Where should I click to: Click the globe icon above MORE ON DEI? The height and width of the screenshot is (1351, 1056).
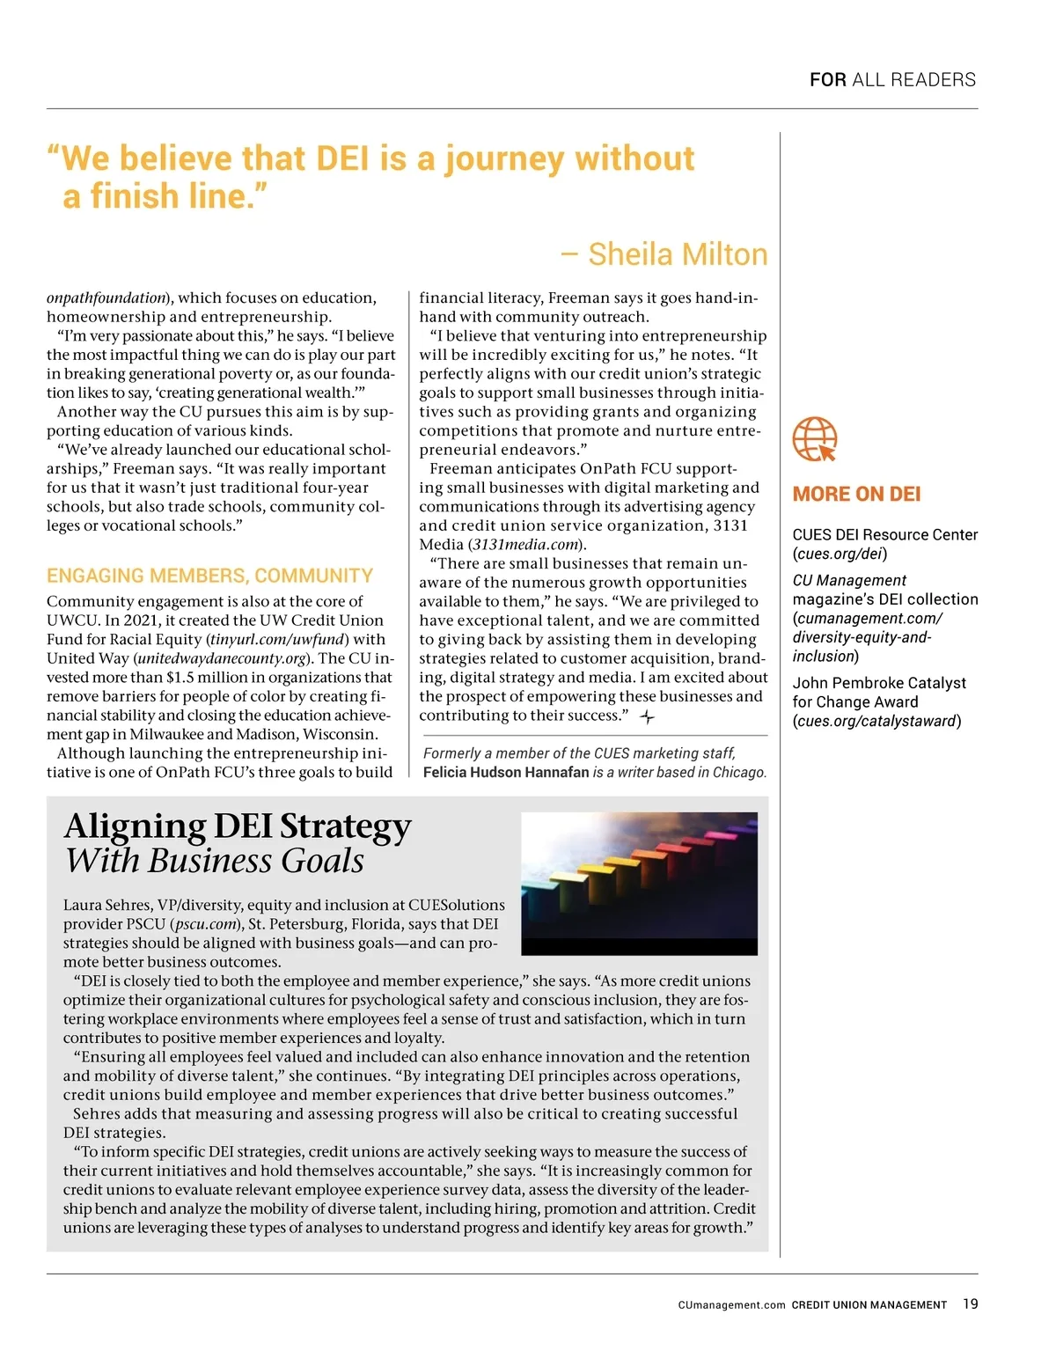[814, 439]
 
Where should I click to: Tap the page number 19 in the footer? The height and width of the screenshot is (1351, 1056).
[970, 1303]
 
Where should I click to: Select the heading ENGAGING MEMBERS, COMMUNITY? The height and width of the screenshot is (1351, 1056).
[209, 576]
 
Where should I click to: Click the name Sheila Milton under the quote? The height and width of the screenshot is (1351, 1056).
[678, 254]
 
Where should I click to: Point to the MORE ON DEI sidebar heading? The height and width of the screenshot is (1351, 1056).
[856, 494]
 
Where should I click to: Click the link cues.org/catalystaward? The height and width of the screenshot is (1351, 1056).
[876, 721]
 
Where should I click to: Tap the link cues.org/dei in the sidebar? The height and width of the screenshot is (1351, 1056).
[840, 554]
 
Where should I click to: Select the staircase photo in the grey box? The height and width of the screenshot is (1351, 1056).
[639, 883]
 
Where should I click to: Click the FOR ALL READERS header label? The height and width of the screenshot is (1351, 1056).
[892, 80]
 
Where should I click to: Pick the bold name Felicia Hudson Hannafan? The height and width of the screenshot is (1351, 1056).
[506, 772]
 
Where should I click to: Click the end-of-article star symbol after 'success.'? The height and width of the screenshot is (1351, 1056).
[647, 717]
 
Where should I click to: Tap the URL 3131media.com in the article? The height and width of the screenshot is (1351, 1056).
[525, 544]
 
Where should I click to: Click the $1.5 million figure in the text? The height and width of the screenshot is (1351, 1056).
[207, 677]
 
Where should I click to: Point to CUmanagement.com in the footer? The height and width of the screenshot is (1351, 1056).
[731, 1304]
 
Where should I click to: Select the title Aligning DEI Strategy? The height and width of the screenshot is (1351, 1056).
[238, 826]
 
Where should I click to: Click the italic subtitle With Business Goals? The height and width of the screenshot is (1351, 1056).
[215, 861]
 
